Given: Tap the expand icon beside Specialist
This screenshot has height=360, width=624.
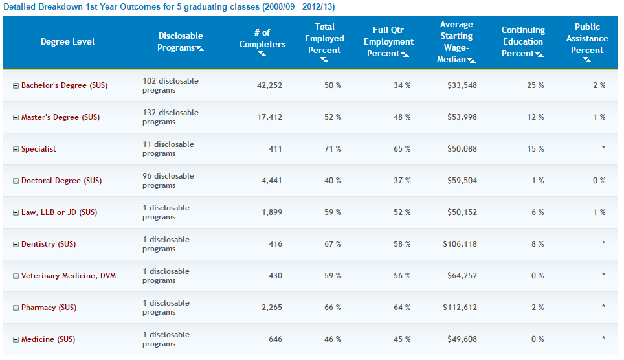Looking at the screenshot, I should coord(16,150).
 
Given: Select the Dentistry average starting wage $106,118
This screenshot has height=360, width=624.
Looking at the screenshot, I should coord(460,244).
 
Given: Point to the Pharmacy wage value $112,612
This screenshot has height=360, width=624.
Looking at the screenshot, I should coord(460,308).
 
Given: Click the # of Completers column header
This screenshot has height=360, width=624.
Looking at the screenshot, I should coord(262,38).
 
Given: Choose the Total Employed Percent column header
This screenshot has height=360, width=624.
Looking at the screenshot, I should coord(324,38).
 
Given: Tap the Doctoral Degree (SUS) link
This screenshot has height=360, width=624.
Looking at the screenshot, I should coord(61,181).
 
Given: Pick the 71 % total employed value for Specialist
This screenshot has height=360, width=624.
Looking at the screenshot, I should coord(333,149).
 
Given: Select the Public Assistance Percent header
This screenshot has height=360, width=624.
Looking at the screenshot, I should coord(587,38).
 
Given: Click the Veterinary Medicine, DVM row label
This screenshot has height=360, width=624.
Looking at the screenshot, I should coord(69,276).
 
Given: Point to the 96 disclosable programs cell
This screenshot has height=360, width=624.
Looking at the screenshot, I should coord(168,181).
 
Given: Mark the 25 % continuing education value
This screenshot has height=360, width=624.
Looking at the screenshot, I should coord(535,85).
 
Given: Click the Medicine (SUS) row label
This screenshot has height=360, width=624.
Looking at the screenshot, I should coord(48,339).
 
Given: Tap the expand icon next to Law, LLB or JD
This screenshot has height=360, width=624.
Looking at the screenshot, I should coord(16,213).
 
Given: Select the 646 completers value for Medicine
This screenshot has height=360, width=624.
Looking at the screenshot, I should coord(274,339).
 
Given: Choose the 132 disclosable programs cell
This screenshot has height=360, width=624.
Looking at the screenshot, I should coord(170,117).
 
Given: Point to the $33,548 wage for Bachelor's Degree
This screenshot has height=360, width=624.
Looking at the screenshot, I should coord(462,85).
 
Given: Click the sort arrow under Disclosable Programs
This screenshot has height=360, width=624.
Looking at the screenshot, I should coord(200,49).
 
